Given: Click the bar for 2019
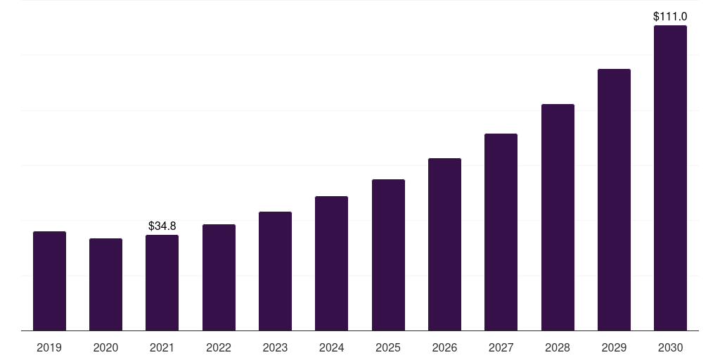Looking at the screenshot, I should pos(49,281).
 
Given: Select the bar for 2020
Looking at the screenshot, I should pos(105,285).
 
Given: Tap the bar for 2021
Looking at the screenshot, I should pos(162,283).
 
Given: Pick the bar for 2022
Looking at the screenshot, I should pos(219,278).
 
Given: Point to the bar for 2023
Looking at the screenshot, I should pos(275,271).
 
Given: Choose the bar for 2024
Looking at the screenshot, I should pos(331,264).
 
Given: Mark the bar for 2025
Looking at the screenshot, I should pos(388,255).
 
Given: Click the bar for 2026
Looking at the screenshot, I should pos(444,245).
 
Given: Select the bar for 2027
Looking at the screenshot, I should pos(501,232).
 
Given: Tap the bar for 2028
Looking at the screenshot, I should pos(558,217).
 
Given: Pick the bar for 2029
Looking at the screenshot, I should pos(614,200).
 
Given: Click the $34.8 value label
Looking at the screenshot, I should pos(162,226).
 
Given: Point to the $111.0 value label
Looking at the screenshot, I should pos(670,16).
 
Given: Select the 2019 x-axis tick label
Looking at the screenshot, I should pos(49,347).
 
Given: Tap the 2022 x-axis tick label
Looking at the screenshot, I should pos(219,347).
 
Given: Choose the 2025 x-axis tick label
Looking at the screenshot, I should pos(388,347).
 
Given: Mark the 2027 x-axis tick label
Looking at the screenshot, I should pos(501,347).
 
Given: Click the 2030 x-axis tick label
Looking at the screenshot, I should pos(670,347).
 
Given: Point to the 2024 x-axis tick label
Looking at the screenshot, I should pos(331,347).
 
